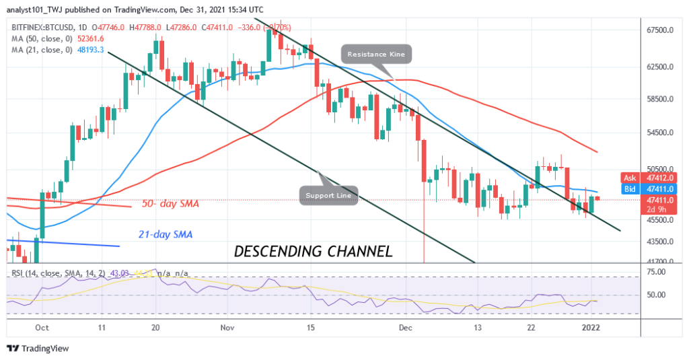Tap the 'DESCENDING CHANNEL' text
[313, 252]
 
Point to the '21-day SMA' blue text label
[166, 234]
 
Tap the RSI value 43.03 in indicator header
[104, 273]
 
